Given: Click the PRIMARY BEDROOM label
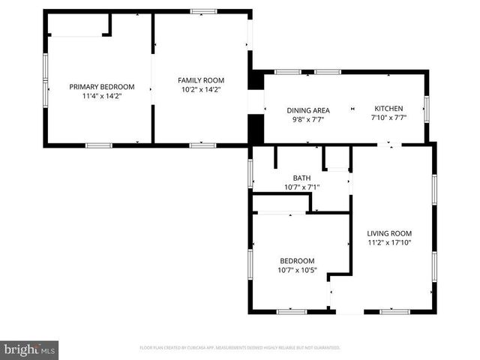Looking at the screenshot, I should click(x=102, y=86).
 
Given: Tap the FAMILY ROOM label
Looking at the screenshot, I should click(x=201, y=80).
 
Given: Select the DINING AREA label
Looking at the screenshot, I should click(x=308, y=110).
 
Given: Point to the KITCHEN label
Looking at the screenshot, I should click(x=388, y=108).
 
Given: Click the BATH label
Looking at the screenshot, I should click(x=301, y=178).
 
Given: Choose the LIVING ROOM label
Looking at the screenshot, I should click(x=389, y=233).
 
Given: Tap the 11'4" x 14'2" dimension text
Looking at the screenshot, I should click(x=102, y=96).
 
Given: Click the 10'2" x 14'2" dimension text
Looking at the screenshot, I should click(x=201, y=90).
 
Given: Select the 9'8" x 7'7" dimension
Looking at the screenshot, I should click(x=308, y=119).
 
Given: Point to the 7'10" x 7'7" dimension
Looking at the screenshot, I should click(x=388, y=118).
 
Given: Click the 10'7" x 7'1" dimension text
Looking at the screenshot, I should click(x=301, y=187).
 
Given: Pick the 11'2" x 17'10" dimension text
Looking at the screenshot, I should click(x=389, y=243).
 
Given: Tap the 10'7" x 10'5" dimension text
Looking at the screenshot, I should click(x=297, y=270).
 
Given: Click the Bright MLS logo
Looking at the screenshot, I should click(x=29, y=349).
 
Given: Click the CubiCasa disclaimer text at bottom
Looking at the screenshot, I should click(x=240, y=348).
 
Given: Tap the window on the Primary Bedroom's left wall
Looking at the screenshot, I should click(x=46, y=79).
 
